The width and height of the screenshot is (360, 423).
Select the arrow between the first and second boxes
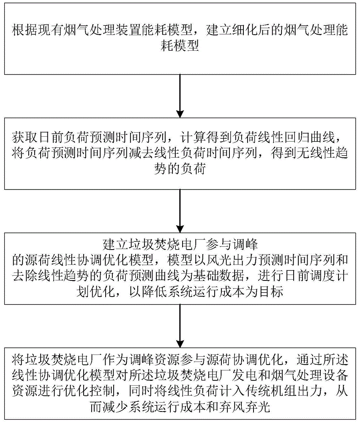pos(180,96)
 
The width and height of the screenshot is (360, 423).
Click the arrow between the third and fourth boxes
pos(180,326)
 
